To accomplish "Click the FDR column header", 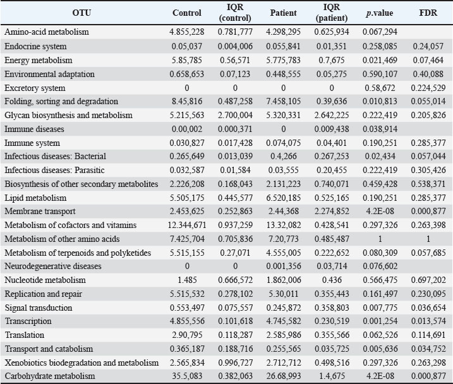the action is click(x=428, y=13).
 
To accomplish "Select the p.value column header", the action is click(x=380, y=13).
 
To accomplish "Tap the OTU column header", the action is click(x=82, y=13).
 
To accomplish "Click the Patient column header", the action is click(x=283, y=13).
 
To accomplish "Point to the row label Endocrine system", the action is click(x=35, y=46).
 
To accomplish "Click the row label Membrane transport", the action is click(x=40, y=212).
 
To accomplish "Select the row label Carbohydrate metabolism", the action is click(x=50, y=376).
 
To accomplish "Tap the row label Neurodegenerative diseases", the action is click(x=53, y=266).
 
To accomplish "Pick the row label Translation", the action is click(x=25, y=335).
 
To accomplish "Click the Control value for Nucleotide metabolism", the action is click(x=187, y=280).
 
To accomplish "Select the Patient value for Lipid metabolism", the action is click(x=283, y=198).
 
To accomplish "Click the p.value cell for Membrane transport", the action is click(x=380, y=212).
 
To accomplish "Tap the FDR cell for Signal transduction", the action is click(x=428, y=308).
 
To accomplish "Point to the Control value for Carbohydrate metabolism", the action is click(x=187, y=376).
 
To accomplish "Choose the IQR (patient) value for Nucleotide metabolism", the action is click(x=331, y=280).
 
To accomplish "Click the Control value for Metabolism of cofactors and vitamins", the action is click(x=187, y=225).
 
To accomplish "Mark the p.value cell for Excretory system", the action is click(x=380, y=88).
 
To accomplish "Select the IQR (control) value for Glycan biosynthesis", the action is click(x=235, y=115).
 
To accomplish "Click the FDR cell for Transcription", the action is click(x=428, y=321).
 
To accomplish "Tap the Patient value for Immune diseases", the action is click(x=283, y=129).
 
